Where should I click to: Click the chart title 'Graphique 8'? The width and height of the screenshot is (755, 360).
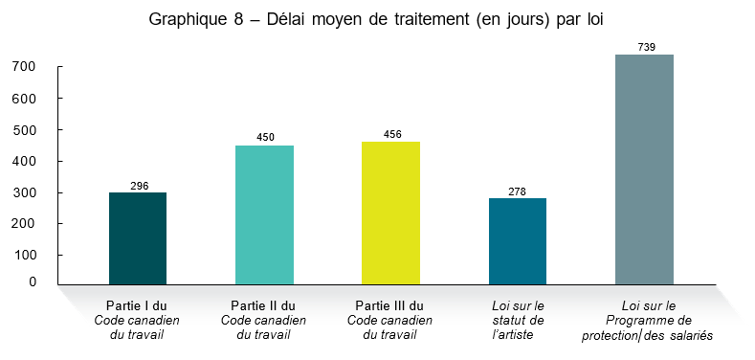[x=377, y=20]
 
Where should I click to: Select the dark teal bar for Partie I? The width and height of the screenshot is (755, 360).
[x=138, y=237]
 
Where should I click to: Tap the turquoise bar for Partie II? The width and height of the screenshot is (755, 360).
[x=264, y=214]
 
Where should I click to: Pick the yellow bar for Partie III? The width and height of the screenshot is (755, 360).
[x=390, y=213]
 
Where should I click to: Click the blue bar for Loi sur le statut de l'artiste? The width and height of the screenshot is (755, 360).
[x=517, y=240]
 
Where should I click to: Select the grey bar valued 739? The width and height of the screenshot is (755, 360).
[x=644, y=169]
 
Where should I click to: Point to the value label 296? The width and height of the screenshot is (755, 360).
[x=138, y=185]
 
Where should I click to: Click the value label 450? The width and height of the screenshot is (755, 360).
[x=265, y=137]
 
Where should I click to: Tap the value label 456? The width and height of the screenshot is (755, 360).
[x=391, y=134]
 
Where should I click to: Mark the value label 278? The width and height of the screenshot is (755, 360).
[x=518, y=191]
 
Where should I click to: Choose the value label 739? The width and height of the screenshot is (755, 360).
[x=645, y=47]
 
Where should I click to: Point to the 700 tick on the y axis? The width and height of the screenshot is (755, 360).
[x=25, y=67]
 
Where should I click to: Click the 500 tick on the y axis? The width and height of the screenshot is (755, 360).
[x=25, y=129]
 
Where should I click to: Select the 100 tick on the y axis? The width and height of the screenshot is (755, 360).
[x=25, y=256]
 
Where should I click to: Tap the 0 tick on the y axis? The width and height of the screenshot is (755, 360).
[x=32, y=282]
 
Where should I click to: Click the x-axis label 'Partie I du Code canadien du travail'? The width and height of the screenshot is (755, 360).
[x=137, y=320]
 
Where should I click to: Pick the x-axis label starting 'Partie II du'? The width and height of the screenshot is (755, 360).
[x=264, y=320]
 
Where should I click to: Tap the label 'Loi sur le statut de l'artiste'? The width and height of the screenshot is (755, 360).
[x=517, y=320]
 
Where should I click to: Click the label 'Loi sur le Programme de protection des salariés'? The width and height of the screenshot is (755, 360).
[x=648, y=320]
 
